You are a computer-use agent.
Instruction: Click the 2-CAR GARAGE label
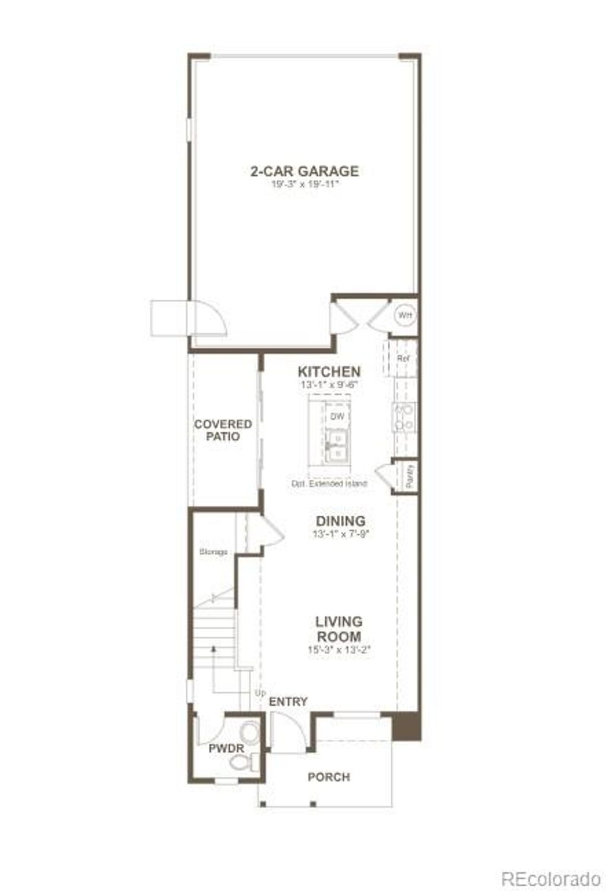[304, 171]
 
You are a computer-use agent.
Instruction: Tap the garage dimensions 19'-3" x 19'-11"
[304, 184]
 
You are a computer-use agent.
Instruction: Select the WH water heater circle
[404, 315]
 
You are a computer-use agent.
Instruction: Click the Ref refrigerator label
[404, 359]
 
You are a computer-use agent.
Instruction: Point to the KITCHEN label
[328, 372]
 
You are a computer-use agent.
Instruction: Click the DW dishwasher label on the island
[337, 417]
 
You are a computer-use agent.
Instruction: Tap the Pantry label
[409, 476]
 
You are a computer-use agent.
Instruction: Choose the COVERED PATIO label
[223, 430]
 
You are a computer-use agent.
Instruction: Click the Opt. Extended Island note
[328, 483]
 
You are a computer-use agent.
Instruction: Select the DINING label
[340, 521]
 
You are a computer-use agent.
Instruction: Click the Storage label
[213, 552]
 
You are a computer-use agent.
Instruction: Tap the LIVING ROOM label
[338, 629]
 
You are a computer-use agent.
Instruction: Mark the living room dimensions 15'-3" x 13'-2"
[338, 649]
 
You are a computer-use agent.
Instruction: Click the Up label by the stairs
[260, 693]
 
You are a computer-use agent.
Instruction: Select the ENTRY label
[288, 702]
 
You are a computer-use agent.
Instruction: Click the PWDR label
[226, 749]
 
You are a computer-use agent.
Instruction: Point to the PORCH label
[328, 777]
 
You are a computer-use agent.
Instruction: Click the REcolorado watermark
[551, 878]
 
